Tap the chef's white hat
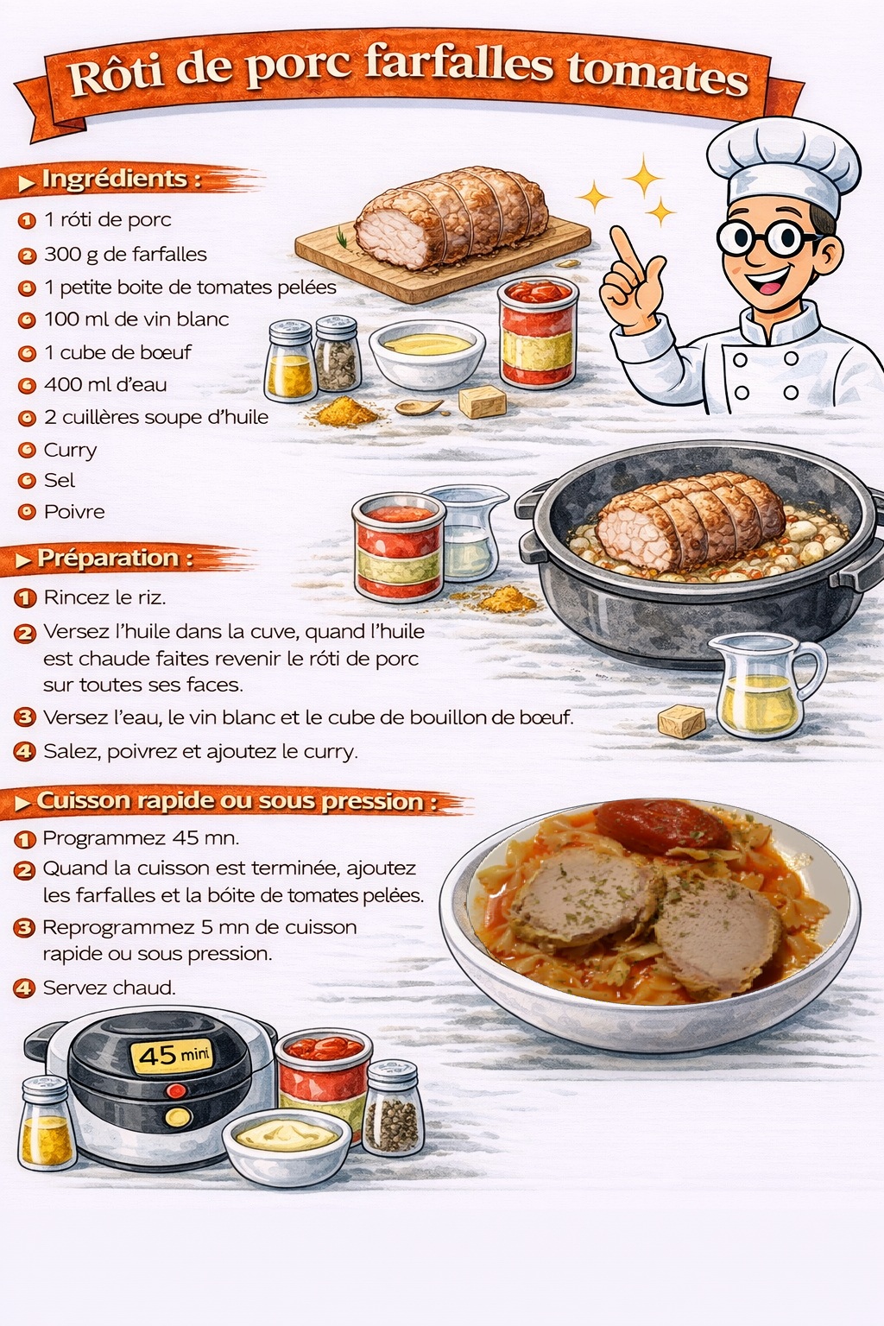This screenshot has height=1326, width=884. point(783,162)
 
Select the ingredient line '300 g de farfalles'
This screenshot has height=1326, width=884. point(125,255)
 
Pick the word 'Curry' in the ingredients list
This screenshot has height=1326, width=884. point(70,451)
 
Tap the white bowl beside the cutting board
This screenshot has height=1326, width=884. point(427,353)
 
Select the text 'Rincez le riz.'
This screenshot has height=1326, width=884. point(104,597)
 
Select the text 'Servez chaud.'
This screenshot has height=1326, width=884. point(109,988)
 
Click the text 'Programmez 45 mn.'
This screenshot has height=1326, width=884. point(141,838)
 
